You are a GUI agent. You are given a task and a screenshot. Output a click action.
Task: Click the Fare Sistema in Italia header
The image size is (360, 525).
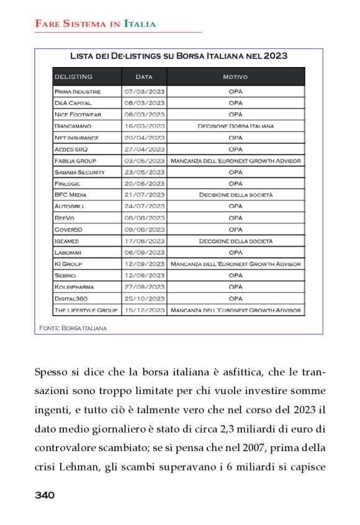coord(95,24)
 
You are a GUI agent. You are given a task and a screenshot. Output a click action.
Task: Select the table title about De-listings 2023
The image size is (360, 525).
coord(178,56)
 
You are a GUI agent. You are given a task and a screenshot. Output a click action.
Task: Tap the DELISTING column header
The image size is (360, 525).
coord(74,77)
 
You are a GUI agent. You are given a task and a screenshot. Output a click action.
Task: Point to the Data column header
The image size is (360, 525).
coord(144,77)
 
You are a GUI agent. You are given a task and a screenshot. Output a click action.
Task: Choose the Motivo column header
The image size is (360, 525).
coord(235,77)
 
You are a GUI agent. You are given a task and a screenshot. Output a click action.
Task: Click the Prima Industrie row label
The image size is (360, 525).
coord(78,92)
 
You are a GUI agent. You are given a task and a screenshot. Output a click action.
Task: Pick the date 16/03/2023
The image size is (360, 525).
coord(144,127)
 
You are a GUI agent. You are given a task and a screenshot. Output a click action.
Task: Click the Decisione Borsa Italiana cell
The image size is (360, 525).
coord(235,127)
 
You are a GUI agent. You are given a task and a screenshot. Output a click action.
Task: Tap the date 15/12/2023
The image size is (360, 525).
coord(144,310)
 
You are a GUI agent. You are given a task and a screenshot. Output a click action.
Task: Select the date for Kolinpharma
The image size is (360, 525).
coord(144,287)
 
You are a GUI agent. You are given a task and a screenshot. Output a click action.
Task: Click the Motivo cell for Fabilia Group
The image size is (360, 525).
coord(235,161)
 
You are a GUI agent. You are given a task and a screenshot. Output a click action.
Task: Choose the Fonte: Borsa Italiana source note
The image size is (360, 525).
coord(73,328)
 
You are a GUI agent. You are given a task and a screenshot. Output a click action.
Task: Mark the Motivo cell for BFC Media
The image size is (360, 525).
coord(235,195)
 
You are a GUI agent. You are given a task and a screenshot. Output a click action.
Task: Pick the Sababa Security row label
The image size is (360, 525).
coord(79,173)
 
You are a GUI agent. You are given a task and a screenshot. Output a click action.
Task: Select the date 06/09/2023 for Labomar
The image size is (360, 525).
coord(144,253)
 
